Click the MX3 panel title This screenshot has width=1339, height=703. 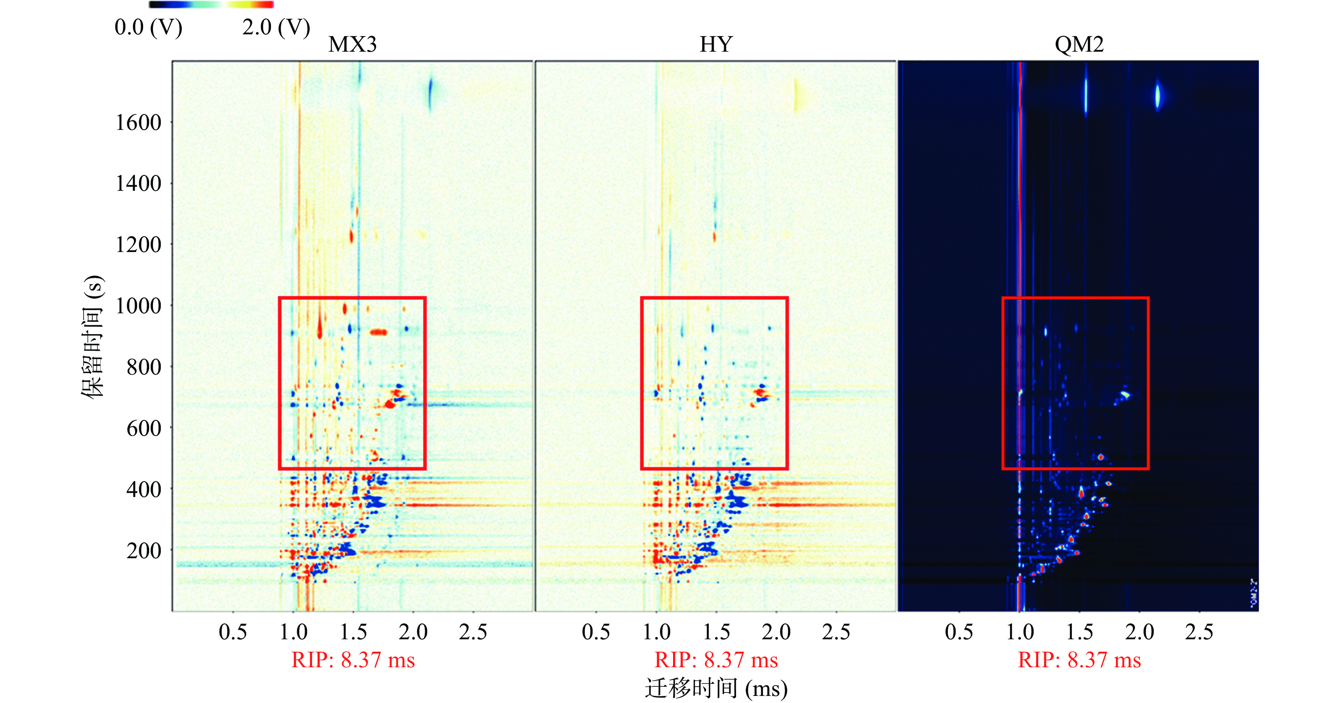352,45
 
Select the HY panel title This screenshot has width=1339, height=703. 716,45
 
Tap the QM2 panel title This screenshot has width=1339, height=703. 1079,45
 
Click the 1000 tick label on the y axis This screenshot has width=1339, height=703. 138,306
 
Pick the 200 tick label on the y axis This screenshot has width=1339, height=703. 144,551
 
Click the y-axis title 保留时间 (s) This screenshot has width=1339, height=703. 94,337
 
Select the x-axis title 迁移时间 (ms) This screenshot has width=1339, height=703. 716,689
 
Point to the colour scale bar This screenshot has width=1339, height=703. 211,5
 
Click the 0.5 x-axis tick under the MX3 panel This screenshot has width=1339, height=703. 232,632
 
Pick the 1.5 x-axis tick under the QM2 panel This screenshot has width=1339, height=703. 1080,632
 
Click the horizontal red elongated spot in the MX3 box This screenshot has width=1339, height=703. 378,332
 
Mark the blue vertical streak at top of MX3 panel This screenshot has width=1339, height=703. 430,93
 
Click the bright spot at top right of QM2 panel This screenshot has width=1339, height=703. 1158,96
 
